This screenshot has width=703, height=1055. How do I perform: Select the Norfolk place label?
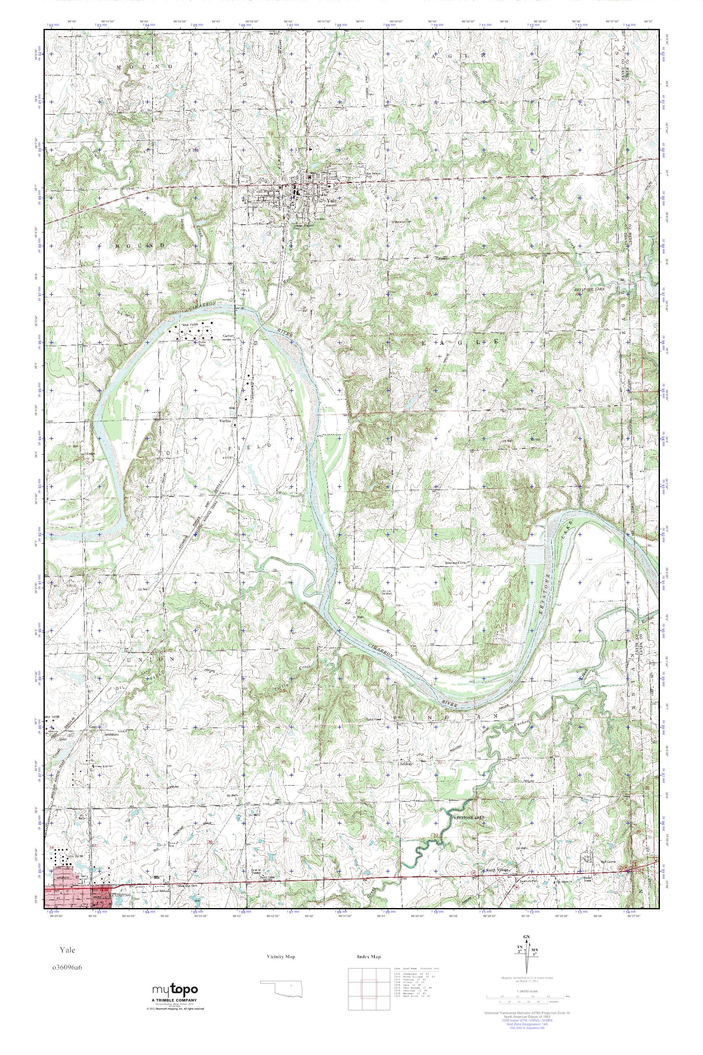(225, 421)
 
